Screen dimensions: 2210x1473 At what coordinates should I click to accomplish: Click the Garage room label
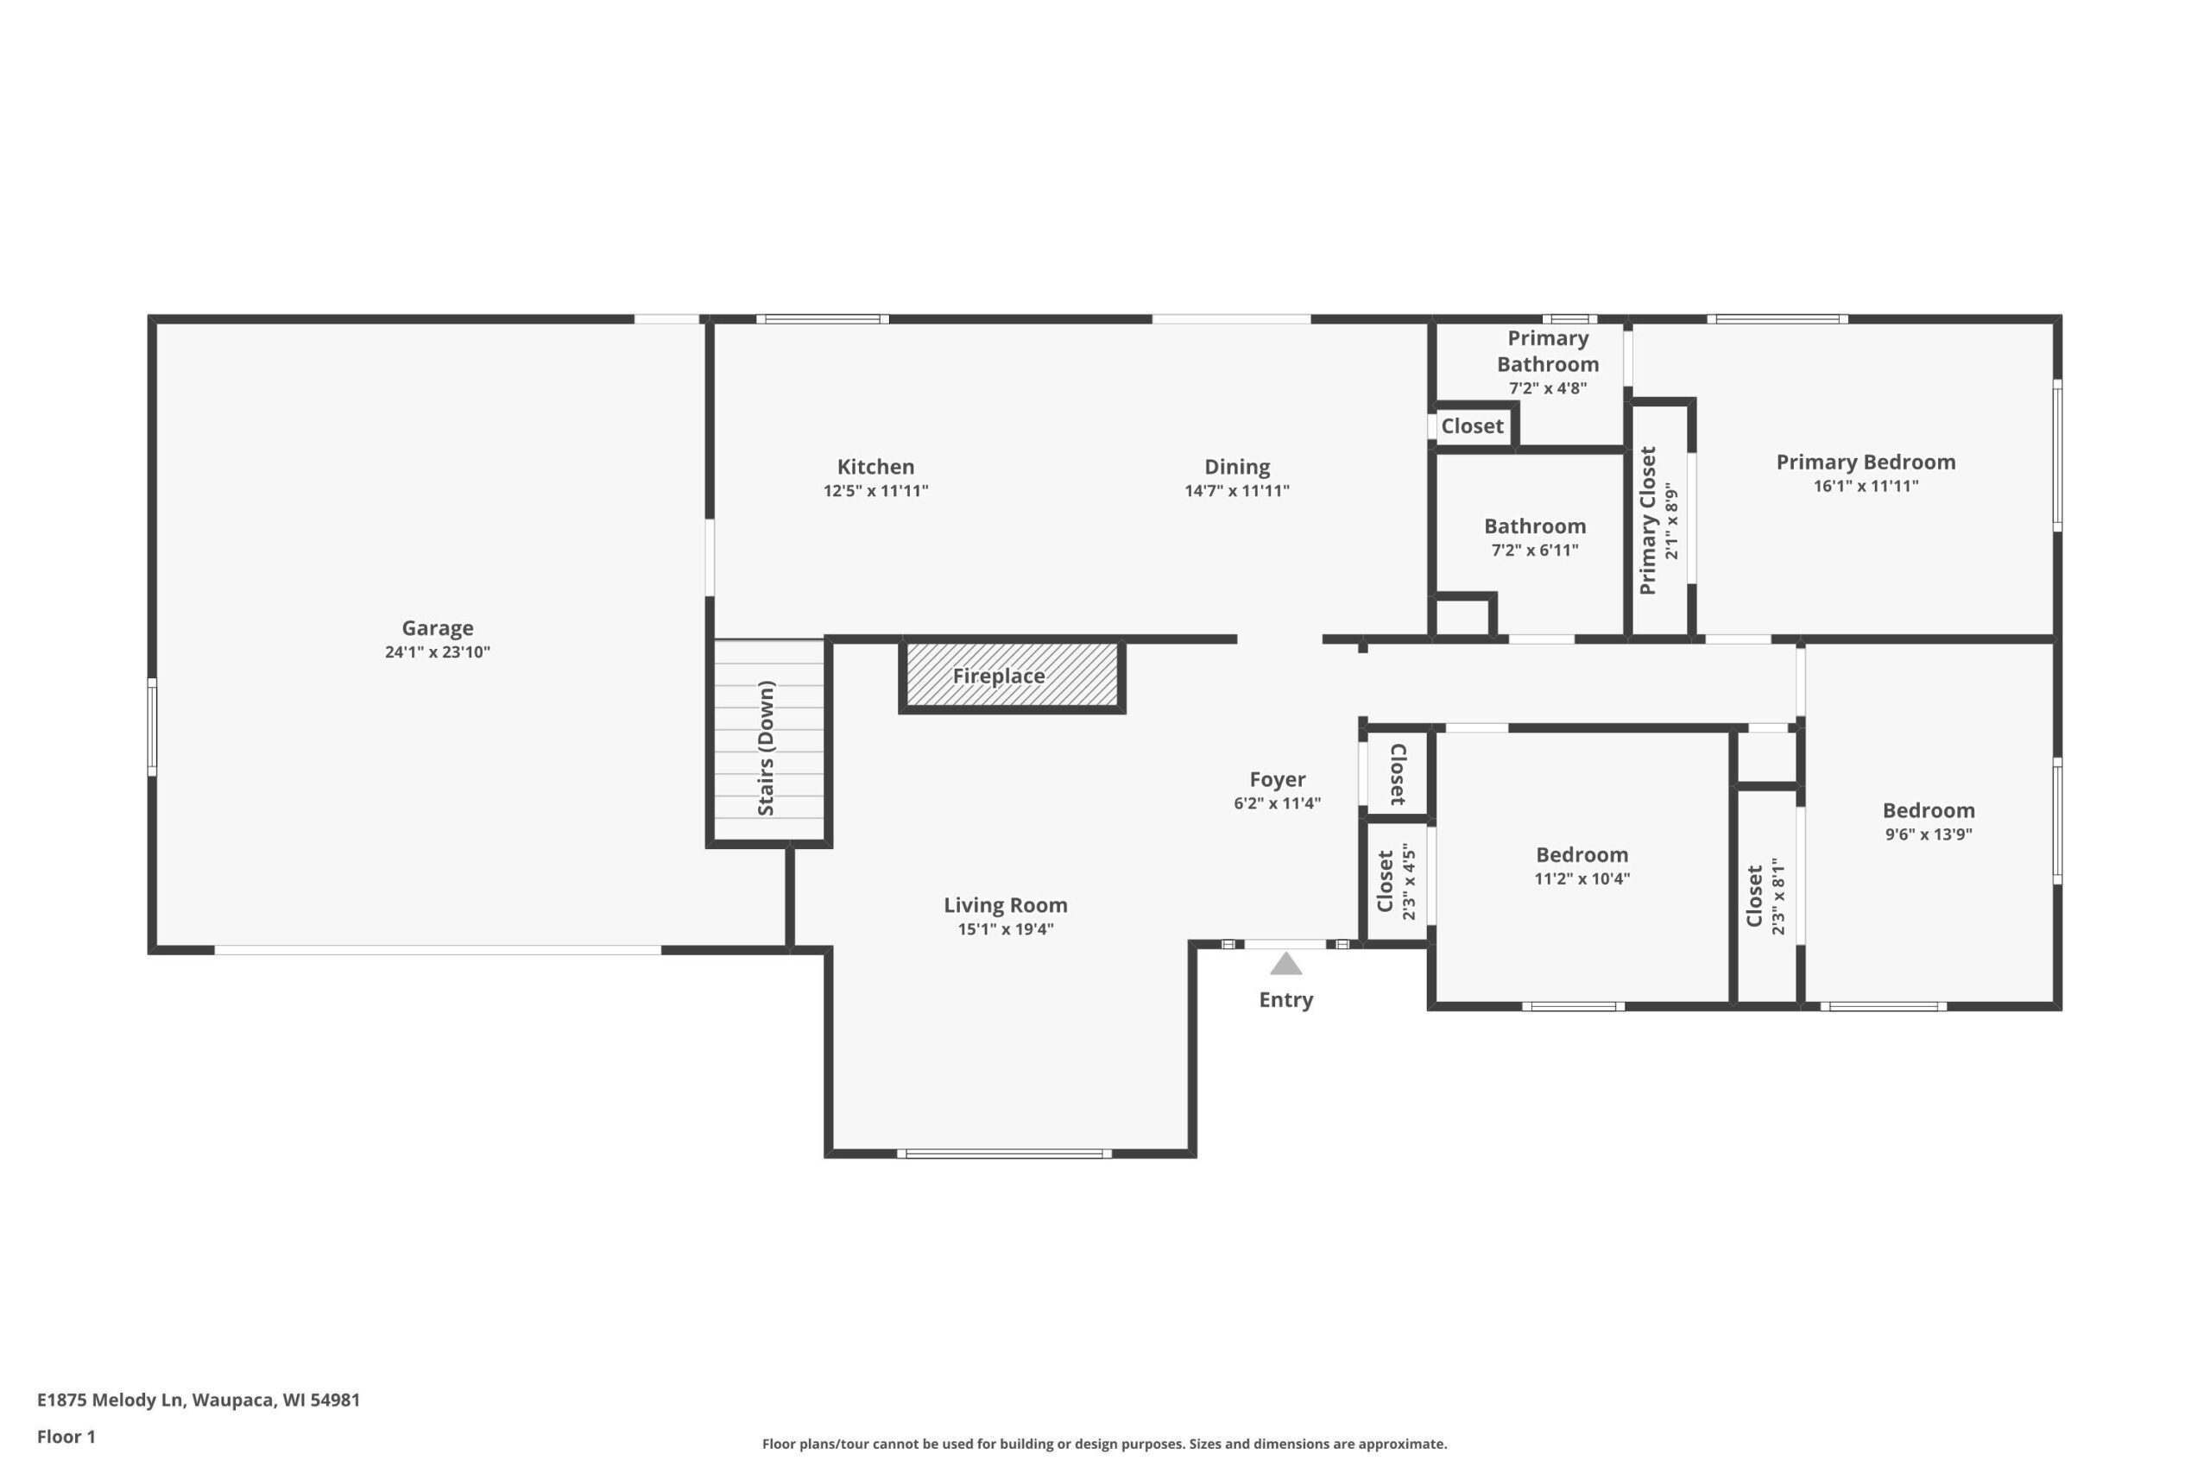pos(437,627)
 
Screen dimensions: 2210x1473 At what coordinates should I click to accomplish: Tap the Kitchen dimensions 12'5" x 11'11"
pos(875,490)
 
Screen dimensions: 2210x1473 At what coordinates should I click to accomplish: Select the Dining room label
pos(1236,467)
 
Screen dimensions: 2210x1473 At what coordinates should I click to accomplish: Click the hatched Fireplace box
pos(1012,676)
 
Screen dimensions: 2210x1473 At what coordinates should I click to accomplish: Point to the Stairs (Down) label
pos(766,748)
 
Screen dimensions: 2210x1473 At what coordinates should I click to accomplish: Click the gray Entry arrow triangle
pos(1285,964)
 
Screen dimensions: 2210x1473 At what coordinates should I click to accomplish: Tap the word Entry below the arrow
pos(1285,999)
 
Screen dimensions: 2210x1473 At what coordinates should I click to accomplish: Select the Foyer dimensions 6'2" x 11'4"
pos(1277,803)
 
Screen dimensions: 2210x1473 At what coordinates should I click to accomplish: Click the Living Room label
pos(1006,904)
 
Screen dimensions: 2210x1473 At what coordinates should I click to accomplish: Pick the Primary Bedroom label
pos(1866,463)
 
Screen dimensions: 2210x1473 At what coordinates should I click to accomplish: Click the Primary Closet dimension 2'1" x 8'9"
pos(1670,521)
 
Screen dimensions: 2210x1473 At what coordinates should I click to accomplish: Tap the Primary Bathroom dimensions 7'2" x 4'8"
pos(1548,388)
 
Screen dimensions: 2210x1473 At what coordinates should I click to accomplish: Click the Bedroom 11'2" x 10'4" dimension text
pos(1582,879)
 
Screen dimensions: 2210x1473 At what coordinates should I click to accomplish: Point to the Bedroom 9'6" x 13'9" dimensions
pos(1928,834)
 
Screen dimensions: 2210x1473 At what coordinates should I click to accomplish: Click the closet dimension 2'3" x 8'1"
pos(1777,897)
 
